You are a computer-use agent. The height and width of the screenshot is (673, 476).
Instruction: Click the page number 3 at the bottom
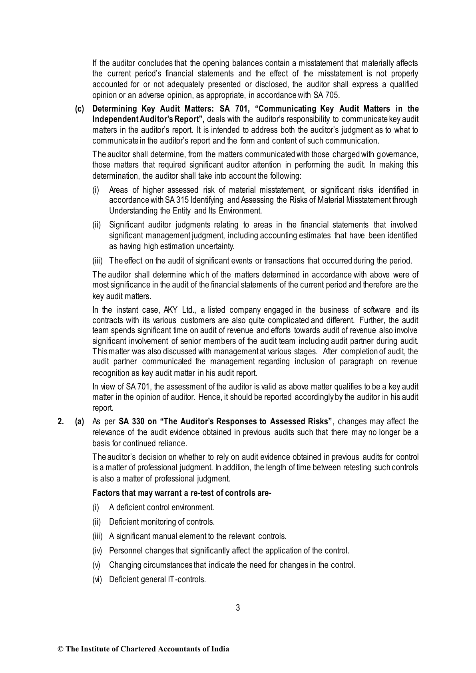[x=238, y=608]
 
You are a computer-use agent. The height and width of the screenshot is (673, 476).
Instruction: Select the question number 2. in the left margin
[x=61, y=421]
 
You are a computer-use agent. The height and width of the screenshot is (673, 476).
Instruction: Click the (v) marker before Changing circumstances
[x=96, y=565]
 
